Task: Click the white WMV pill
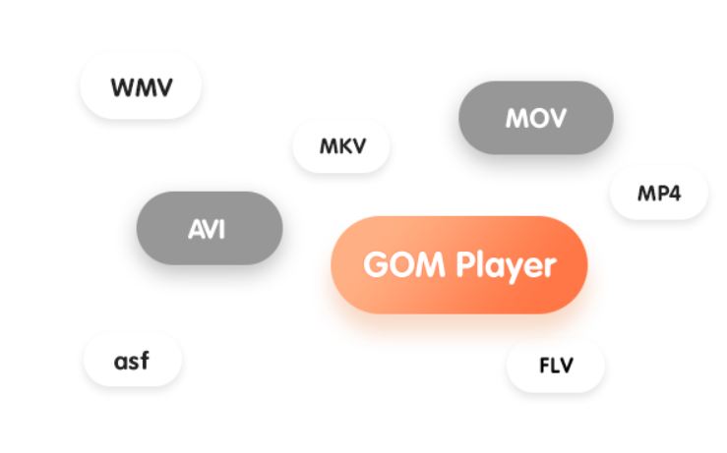[x=141, y=87]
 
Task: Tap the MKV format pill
[x=341, y=147]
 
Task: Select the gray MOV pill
[x=536, y=119]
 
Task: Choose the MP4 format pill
[x=658, y=193]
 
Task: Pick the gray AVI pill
[x=209, y=229]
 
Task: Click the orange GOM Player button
[x=459, y=265]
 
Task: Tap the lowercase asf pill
[x=132, y=361]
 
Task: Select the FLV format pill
[x=556, y=367]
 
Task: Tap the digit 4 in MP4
[x=674, y=193]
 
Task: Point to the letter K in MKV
[x=343, y=147]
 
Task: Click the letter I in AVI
[x=221, y=229]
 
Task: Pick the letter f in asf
[x=144, y=360]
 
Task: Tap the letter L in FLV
[x=555, y=367]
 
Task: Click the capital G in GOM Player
[x=375, y=265]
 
